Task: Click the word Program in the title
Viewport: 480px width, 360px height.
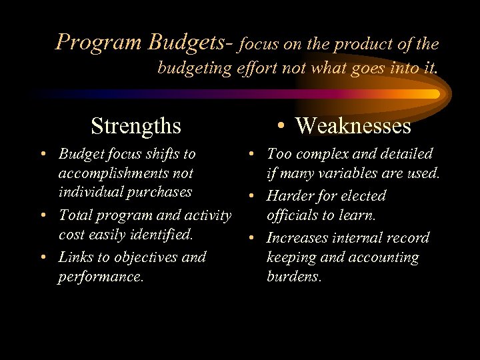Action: click(99, 43)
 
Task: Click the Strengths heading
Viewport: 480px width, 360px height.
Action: click(136, 125)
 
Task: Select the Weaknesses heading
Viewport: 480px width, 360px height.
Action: click(353, 125)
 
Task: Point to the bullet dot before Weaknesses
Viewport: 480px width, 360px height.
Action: click(283, 125)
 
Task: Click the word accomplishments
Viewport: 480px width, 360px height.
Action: click(126, 173)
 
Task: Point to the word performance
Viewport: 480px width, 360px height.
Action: click(101, 276)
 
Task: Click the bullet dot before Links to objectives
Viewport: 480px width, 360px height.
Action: click(43, 257)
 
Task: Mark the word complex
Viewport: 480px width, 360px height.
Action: click(321, 155)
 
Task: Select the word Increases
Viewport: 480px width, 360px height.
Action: click(299, 238)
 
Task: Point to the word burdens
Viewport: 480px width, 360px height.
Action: click(294, 276)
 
